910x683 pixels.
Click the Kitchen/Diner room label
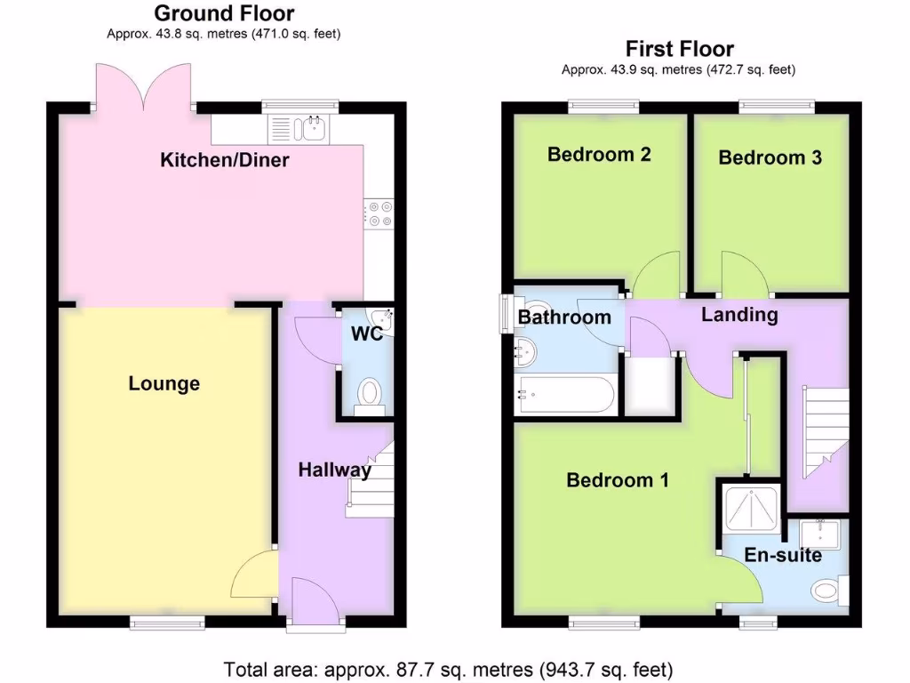point(225,160)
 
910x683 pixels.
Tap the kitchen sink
point(313,128)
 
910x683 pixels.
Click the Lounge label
point(164,383)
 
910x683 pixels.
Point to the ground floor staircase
point(372,480)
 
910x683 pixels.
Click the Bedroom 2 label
point(599,154)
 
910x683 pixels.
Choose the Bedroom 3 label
point(770,157)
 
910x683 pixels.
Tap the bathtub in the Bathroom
point(566,394)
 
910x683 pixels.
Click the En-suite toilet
point(827,590)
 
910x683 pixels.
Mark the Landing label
point(739,314)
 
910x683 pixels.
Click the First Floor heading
point(679,48)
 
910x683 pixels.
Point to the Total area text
point(448,668)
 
